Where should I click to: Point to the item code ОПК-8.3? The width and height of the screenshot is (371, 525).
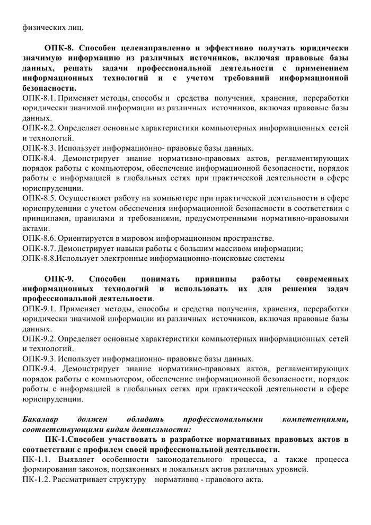pos(39,148)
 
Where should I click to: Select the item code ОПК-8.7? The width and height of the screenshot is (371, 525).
pos(39,248)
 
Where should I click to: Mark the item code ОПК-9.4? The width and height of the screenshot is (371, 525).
pos(39,368)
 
